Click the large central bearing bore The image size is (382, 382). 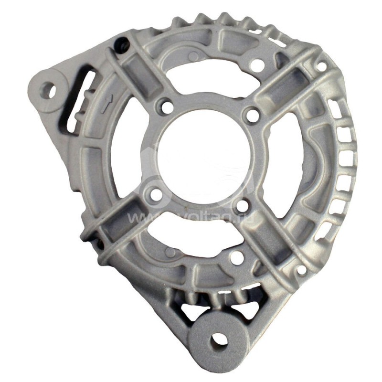coord(206,152)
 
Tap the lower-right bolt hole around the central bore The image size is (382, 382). coord(242,205)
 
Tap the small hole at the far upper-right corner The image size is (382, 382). coord(322,66)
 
